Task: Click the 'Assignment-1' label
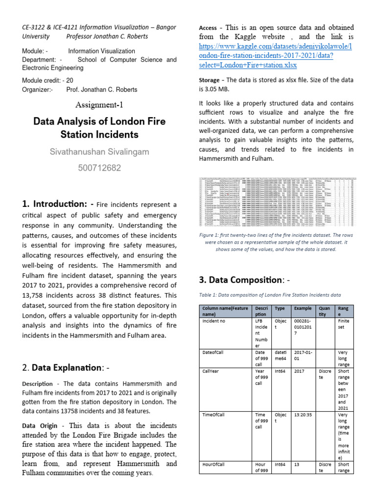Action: (x=100, y=105)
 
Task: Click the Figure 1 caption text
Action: (x=276, y=242)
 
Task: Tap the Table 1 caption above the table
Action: (x=270, y=295)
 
